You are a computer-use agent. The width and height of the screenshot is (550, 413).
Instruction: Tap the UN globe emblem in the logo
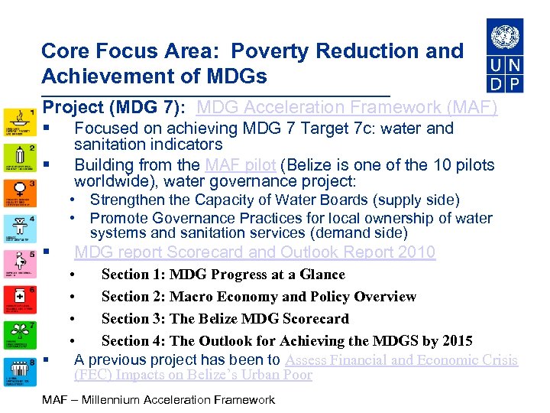[504, 36]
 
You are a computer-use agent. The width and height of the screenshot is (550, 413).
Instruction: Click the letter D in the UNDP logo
[495, 83]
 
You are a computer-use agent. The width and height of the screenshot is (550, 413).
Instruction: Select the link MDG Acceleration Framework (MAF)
[347, 108]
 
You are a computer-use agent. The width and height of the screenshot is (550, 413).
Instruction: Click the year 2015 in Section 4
[455, 341]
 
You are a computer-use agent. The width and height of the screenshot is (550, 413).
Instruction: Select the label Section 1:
[133, 275]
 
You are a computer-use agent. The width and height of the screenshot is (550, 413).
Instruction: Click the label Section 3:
[133, 319]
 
